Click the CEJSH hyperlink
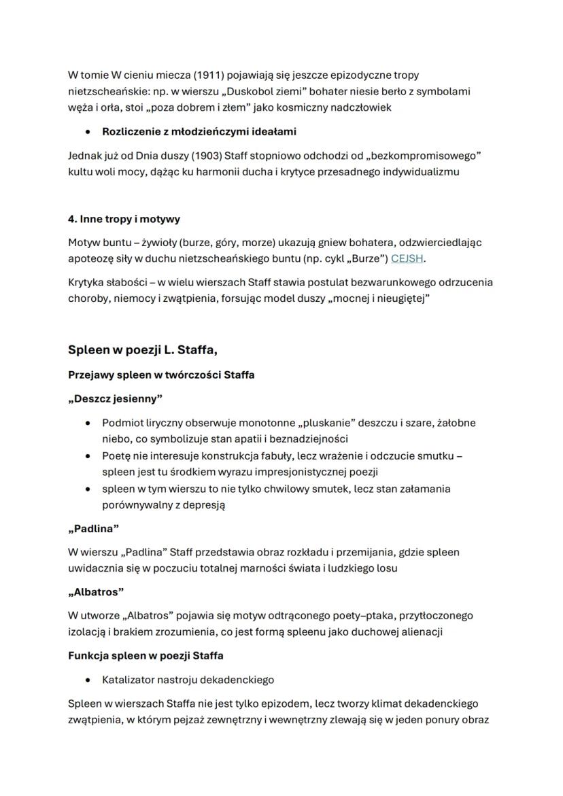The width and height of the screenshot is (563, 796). coord(407,258)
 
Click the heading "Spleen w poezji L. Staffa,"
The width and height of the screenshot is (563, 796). coord(142,350)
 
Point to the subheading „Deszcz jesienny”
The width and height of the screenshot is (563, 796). coord(115,398)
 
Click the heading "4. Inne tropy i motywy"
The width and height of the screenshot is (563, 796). coord(124,220)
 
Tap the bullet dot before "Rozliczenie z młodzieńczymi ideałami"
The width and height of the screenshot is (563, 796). coord(88,131)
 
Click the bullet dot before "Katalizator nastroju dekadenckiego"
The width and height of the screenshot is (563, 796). coord(88,679)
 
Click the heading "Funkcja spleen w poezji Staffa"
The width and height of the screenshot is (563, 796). coord(146,656)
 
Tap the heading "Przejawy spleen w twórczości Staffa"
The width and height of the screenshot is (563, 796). coord(161,375)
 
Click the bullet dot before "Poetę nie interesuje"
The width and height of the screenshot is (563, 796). coord(88,456)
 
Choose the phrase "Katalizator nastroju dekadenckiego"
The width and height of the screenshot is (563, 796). coord(188,679)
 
